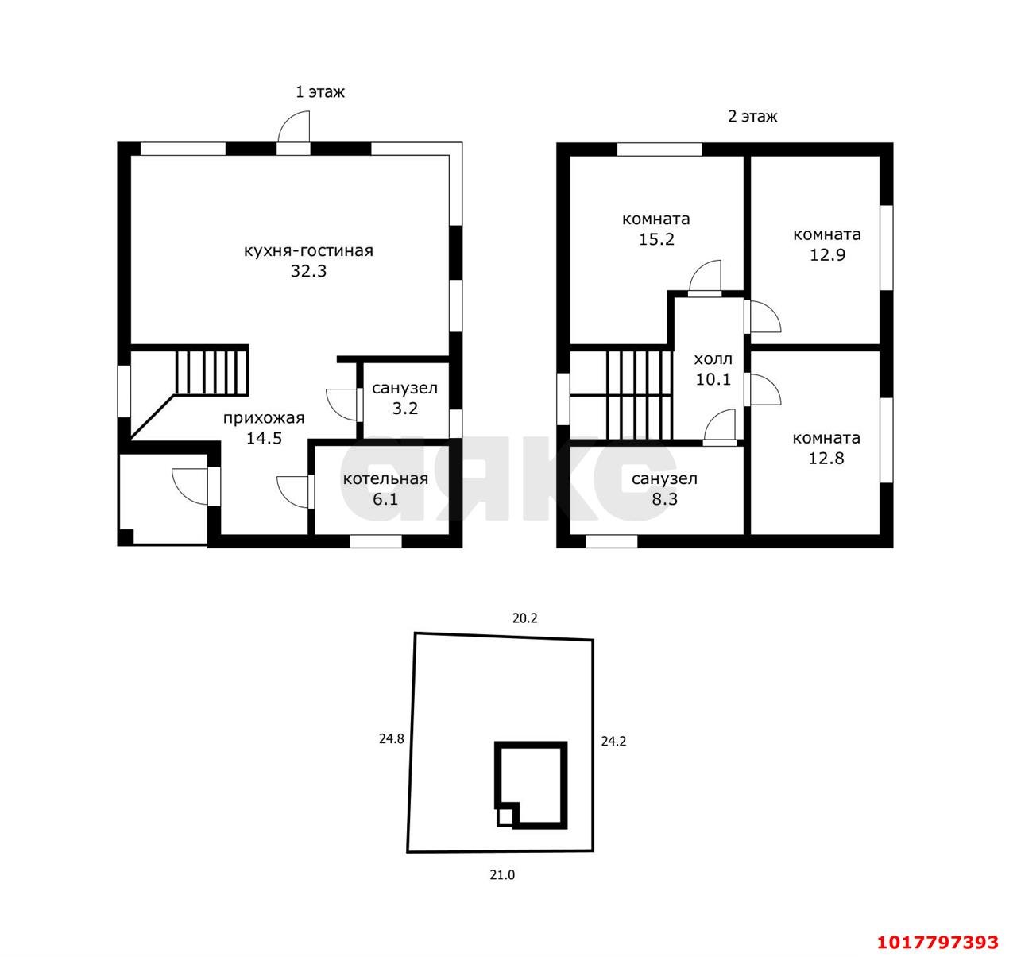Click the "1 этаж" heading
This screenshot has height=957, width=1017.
coord(320,92)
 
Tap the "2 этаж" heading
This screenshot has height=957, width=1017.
coord(752,117)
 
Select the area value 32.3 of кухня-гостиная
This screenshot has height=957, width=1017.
coord(308,270)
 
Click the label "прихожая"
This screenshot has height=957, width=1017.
coord(264,419)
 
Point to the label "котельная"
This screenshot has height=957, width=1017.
coord(385,479)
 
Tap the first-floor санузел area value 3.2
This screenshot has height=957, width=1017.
coord(405,409)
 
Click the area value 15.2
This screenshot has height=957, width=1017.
coord(656,239)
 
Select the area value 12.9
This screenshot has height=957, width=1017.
coord(827,254)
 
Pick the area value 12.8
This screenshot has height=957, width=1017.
coord(826,458)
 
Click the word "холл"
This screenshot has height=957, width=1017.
coord(713,359)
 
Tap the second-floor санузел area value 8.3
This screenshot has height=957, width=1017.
coord(665,499)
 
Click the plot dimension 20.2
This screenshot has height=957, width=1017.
coord(525,618)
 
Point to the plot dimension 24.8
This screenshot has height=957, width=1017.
coord(391,738)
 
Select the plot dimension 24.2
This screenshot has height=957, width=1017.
coord(613,742)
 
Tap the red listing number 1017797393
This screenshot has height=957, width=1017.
coord(938,942)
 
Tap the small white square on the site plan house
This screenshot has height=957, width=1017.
coord(505,816)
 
